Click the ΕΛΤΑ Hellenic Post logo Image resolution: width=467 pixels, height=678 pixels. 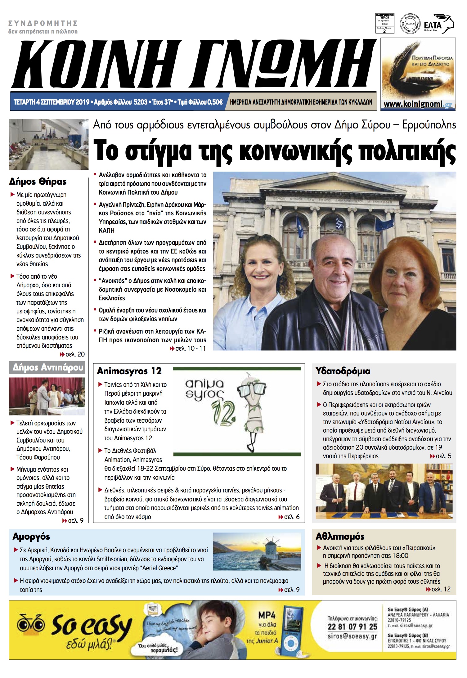pyautogui.click(x=438, y=24)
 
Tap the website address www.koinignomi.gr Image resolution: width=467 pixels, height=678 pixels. pyautogui.click(x=418, y=104)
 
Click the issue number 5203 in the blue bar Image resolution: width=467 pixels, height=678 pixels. pyautogui.click(x=140, y=102)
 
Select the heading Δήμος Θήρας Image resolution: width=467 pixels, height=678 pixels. pyautogui.click(x=38, y=182)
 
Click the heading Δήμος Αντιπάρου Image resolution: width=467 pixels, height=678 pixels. pyautogui.click(x=47, y=368)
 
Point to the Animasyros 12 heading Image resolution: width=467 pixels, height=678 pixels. pyautogui.click(x=129, y=371)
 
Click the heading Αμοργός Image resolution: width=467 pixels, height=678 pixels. pyautogui.click(x=31, y=537)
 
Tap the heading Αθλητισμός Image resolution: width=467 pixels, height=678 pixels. pyautogui.click(x=340, y=537)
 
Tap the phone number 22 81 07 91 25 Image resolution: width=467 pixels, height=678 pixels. pyautogui.click(x=352, y=627)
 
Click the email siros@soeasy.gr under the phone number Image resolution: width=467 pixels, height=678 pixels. pyautogui.click(x=352, y=636)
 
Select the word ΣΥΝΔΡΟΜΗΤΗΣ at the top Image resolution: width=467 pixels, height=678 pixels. pyautogui.click(x=43, y=23)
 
